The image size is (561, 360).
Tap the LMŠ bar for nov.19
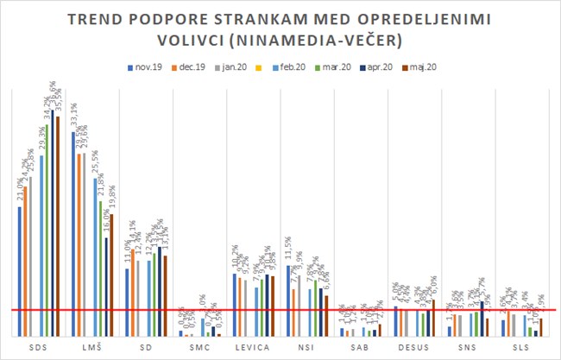[73, 233]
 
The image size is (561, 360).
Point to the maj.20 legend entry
[424, 66]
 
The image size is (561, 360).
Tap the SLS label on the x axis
[520, 348]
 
